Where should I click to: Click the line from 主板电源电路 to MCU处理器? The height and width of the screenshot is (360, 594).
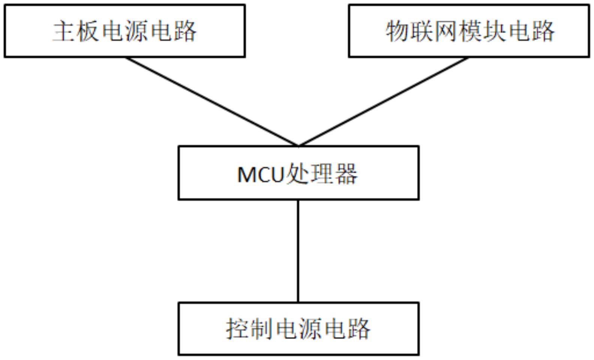point(212,101)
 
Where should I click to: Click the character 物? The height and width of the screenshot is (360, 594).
point(397,31)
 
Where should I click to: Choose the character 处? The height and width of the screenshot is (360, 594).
point(297,174)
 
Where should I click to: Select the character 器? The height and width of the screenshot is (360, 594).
point(346,174)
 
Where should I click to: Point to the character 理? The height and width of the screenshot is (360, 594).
point(321,174)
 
